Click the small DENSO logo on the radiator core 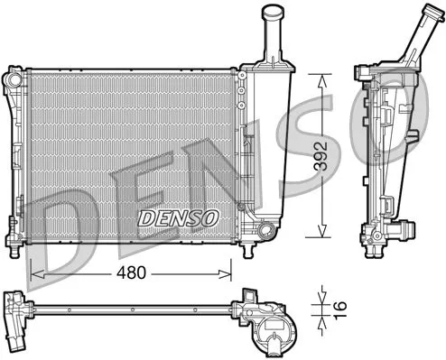(178, 217)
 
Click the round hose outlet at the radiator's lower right (265, 233)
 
